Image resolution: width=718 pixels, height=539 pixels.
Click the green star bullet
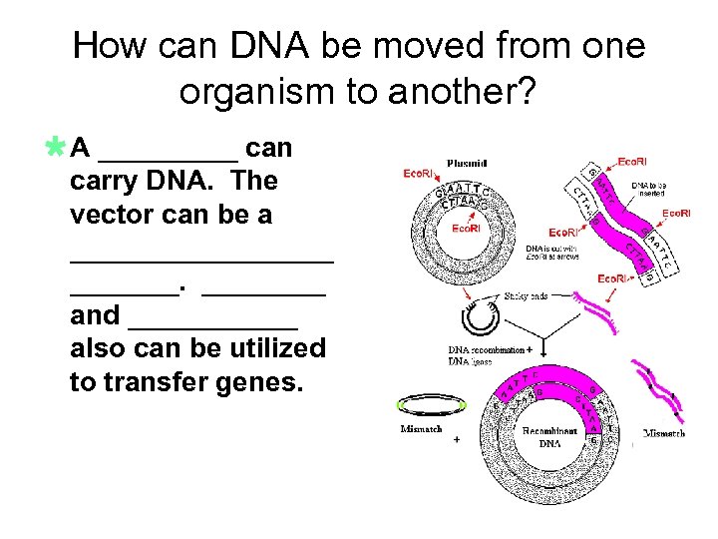coord(56,148)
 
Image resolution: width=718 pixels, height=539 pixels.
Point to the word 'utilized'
coord(276,348)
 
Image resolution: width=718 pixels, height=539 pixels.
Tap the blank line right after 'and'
coord(213,324)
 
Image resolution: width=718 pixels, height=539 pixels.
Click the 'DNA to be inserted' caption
coord(649,191)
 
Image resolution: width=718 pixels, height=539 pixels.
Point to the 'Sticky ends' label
coord(528,295)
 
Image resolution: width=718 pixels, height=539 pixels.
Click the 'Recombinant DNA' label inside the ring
coord(548,436)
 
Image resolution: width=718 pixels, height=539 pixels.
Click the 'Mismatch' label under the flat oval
coord(421,429)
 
